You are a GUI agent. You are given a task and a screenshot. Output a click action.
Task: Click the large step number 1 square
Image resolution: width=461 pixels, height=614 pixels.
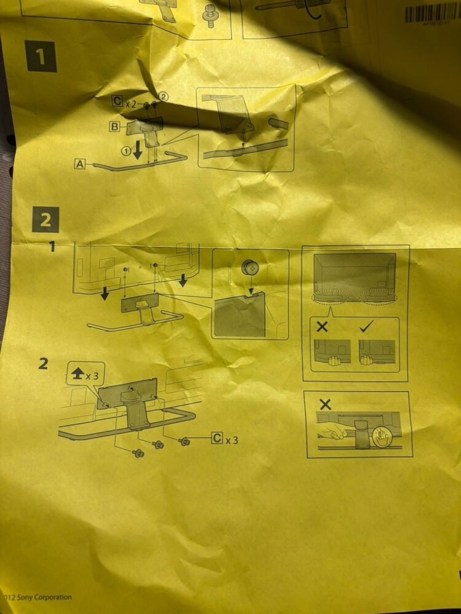tap(41, 58)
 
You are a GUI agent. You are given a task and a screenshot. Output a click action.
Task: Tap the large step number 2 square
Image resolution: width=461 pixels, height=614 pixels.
tap(45, 219)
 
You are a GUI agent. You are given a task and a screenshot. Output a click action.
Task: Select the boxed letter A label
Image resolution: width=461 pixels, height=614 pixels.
tap(79, 164)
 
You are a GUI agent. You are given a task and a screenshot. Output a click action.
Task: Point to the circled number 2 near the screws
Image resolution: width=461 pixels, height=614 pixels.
tap(164, 96)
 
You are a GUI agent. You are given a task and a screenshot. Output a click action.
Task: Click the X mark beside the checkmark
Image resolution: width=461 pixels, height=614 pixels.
tap(322, 327)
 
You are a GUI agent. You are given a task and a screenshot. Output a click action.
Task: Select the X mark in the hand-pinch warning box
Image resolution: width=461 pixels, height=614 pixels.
tap(325, 404)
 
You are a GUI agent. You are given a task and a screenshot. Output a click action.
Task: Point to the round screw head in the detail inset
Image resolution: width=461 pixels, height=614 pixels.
tap(250, 268)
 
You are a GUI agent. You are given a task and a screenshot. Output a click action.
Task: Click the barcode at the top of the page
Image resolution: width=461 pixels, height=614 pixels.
tap(434, 12)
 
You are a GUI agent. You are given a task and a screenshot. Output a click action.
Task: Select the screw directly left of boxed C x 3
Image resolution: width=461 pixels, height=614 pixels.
tap(184, 441)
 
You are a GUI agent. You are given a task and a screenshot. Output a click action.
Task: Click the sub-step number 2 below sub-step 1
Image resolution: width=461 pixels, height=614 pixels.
tap(43, 363)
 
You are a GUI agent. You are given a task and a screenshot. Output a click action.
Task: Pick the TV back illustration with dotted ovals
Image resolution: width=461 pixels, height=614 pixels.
tap(355, 278)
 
